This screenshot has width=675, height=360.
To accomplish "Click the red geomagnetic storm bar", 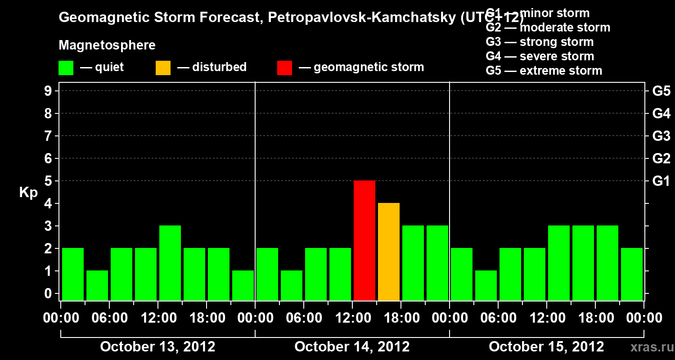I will tap(364, 240).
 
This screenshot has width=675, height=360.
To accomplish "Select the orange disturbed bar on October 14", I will tap(389, 252).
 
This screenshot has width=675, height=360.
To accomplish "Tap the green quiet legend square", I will tap(66, 67).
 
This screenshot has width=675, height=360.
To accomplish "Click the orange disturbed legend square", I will tap(163, 67).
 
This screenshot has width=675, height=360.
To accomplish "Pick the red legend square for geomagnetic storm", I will tap(284, 67).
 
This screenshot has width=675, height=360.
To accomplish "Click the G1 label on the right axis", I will tap(661, 181).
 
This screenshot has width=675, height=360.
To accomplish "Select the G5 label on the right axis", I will tap(661, 91).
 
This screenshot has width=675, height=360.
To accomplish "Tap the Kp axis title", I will tap(28, 193).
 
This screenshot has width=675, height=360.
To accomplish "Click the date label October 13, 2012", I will tap(157, 346).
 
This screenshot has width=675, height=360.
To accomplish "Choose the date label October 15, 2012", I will tap(546, 346).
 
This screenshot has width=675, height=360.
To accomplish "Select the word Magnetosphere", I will tap(107, 45).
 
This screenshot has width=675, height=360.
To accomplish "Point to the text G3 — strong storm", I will tap(540, 42).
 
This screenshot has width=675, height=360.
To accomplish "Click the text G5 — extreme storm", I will tap(544, 71).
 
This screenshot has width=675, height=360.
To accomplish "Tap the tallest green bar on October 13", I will tap(170, 263).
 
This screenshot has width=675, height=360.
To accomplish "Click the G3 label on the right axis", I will tap(661, 136).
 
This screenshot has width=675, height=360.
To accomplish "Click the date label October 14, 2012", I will tap(352, 346).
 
